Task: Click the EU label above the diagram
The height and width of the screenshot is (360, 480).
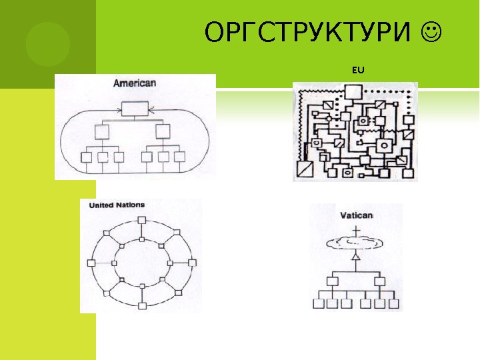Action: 358,69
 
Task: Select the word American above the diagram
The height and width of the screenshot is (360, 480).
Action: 134,83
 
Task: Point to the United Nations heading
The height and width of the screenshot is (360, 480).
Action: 117,205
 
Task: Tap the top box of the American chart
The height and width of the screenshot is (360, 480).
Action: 135,107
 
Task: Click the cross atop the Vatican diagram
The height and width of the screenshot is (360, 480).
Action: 357,231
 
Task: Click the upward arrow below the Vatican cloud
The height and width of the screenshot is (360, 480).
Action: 356,257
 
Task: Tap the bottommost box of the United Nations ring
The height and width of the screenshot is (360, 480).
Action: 143,305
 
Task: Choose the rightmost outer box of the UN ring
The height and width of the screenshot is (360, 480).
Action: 193,263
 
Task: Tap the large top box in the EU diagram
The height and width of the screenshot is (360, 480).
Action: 352,92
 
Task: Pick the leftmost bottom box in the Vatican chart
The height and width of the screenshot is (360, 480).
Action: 319,304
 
